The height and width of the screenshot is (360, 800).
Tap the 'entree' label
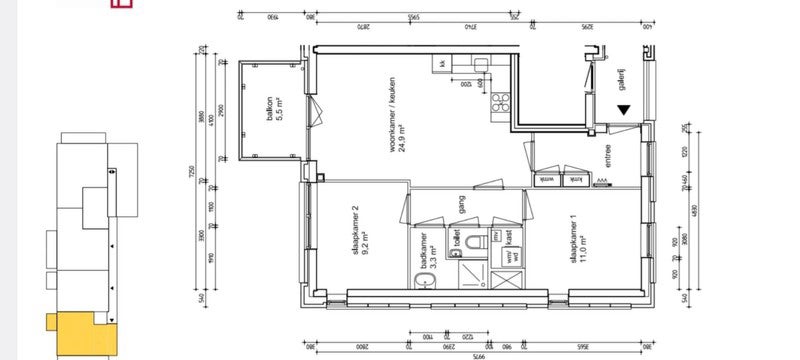(606, 157)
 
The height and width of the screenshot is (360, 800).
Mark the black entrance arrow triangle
(624, 111)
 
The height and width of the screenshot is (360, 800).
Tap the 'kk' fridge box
(441, 65)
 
